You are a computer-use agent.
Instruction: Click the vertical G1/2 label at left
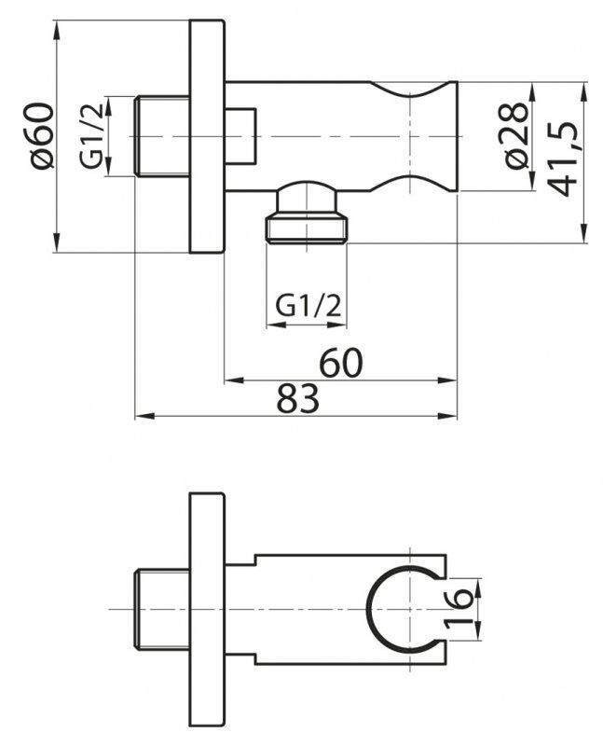click(91, 137)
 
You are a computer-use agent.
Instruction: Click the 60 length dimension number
click(341, 362)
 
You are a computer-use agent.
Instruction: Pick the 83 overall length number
click(298, 399)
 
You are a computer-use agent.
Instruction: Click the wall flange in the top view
click(207, 136)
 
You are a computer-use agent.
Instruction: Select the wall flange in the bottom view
click(207, 608)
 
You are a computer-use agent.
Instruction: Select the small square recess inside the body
click(240, 136)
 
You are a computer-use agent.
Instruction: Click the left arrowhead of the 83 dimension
click(140, 415)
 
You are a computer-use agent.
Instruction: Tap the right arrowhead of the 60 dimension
click(453, 380)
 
